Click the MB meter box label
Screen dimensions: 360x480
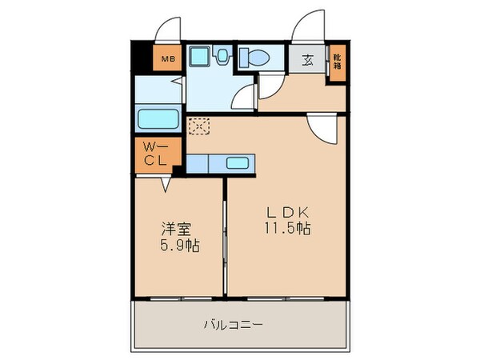point(170,58)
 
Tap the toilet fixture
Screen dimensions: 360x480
point(256,58)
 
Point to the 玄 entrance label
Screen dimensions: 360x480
point(308,58)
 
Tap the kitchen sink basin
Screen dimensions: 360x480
point(238,163)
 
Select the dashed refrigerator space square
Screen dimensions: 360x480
point(197,126)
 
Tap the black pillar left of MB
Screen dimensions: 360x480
point(142,58)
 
